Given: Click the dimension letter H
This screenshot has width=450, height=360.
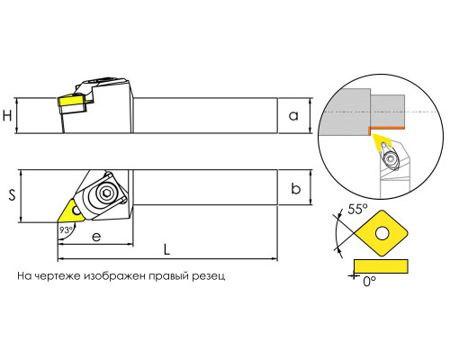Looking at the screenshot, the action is (x=7, y=115).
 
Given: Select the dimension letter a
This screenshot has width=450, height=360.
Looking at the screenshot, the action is (x=293, y=115).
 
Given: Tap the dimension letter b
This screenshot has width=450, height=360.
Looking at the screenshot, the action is (x=296, y=189).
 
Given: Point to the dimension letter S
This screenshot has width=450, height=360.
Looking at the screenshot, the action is (x=12, y=195).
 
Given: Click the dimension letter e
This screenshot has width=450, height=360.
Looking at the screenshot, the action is (x=96, y=237).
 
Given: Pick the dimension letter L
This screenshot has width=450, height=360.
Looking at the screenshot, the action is (x=166, y=249).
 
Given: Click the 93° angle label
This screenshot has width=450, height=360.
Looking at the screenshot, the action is (x=66, y=230).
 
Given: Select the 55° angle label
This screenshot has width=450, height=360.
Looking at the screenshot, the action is (x=357, y=209).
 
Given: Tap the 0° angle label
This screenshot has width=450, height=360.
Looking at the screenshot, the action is (x=369, y=281).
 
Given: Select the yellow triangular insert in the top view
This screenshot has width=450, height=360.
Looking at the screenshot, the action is (x=69, y=211).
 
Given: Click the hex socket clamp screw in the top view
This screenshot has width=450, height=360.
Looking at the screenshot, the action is (x=105, y=193).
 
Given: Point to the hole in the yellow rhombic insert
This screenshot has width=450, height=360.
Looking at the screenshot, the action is (x=382, y=233).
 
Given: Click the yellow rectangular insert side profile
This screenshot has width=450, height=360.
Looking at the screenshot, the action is (x=381, y=266).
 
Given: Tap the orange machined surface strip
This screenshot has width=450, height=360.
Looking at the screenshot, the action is (x=385, y=129).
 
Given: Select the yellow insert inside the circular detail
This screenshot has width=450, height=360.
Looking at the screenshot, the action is (x=381, y=143).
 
